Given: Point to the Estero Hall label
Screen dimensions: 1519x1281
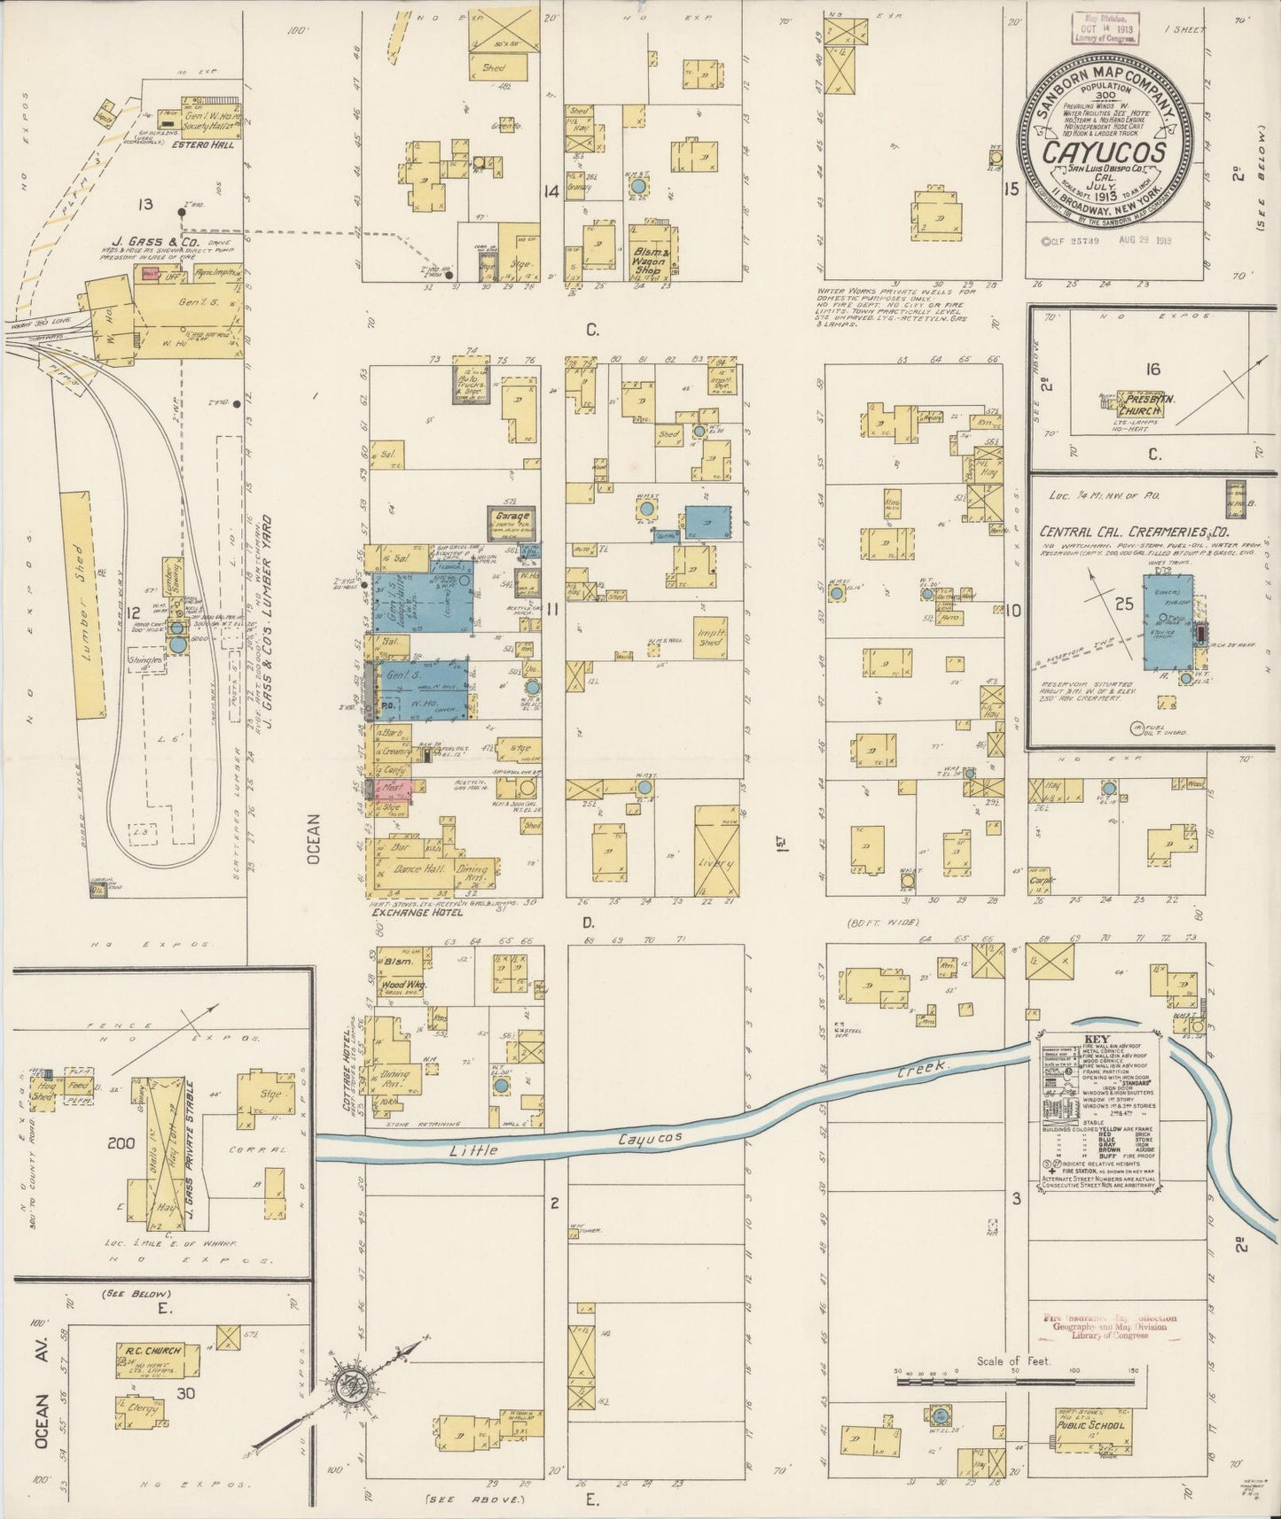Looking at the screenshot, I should click(x=203, y=144).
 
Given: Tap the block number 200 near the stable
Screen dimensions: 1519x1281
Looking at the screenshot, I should click(x=121, y=1143).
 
